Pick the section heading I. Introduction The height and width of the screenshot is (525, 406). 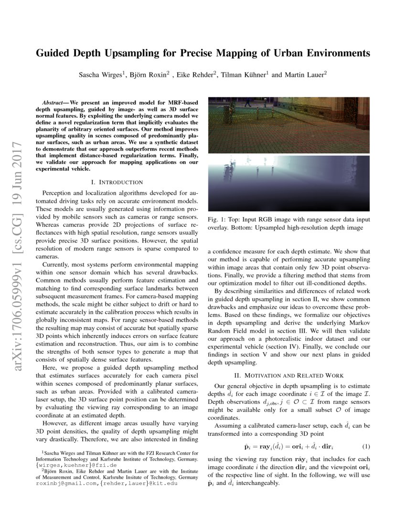pos(117,182)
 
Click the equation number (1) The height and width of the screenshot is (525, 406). pos(366,446)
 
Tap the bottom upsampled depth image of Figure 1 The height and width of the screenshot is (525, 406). pos(289,183)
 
